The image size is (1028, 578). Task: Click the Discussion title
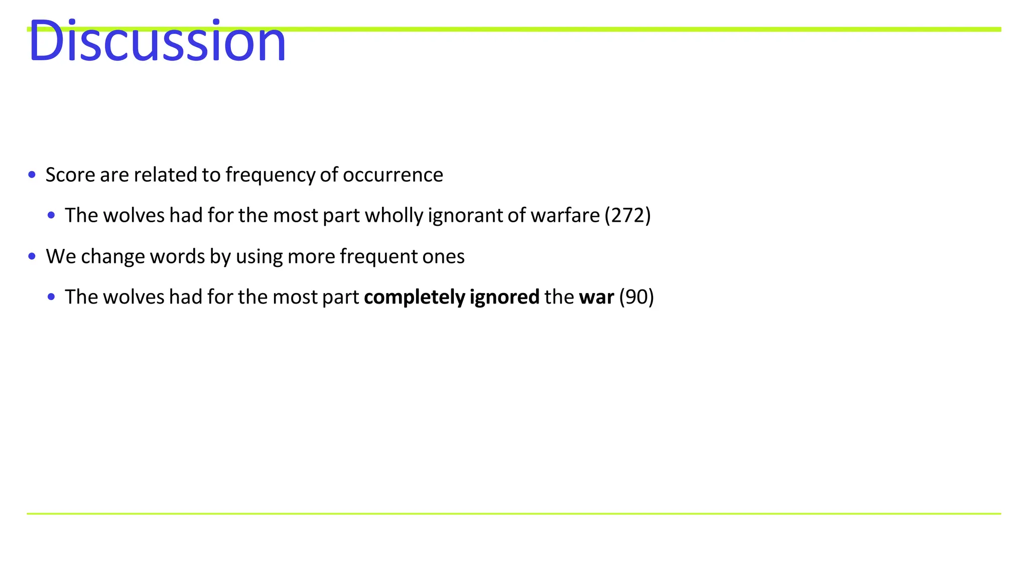157,41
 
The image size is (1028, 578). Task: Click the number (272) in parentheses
627,215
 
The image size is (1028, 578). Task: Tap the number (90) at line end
636,297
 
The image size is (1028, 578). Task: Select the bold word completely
415,297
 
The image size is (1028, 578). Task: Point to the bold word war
596,297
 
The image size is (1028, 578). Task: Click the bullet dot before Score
32,175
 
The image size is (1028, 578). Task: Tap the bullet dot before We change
32,256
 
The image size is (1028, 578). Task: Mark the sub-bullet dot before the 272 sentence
51,216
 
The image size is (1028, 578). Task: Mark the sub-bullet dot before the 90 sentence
51,297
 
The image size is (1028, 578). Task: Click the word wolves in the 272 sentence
134,215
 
